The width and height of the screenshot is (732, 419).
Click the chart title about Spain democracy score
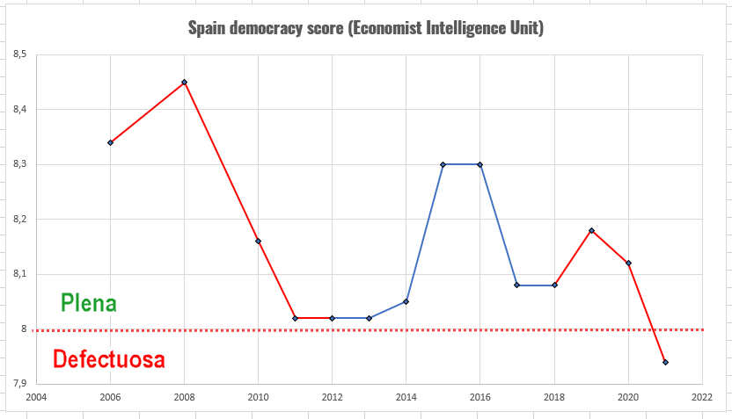[x=366, y=28]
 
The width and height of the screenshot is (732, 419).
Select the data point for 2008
[x=184, y=82]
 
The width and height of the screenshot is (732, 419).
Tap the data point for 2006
[x=110, y=142]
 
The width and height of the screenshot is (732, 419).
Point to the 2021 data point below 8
[x=665, y=362]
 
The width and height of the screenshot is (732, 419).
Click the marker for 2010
[x=258, y=241]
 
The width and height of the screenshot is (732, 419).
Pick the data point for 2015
[x=443, y=164]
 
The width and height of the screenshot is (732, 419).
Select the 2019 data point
[x=591, y=230]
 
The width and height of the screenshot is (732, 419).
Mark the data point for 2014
[x=406, y=301]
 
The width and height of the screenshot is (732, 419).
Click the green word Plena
[x=89, y=303]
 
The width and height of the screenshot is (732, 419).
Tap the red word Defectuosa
[x=109, y=358]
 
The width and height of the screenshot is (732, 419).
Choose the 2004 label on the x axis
[x=36, y=397]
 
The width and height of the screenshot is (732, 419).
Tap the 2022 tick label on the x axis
[x=702, y=397]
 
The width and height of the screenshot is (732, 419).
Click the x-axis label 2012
[x=332, y=397]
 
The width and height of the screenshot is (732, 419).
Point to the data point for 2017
[x=516, y=285]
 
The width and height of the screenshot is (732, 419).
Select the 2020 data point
[x=628, y=263]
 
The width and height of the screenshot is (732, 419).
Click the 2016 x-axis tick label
[x=480, y=397]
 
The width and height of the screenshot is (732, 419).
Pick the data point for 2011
[x=295, y=318]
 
